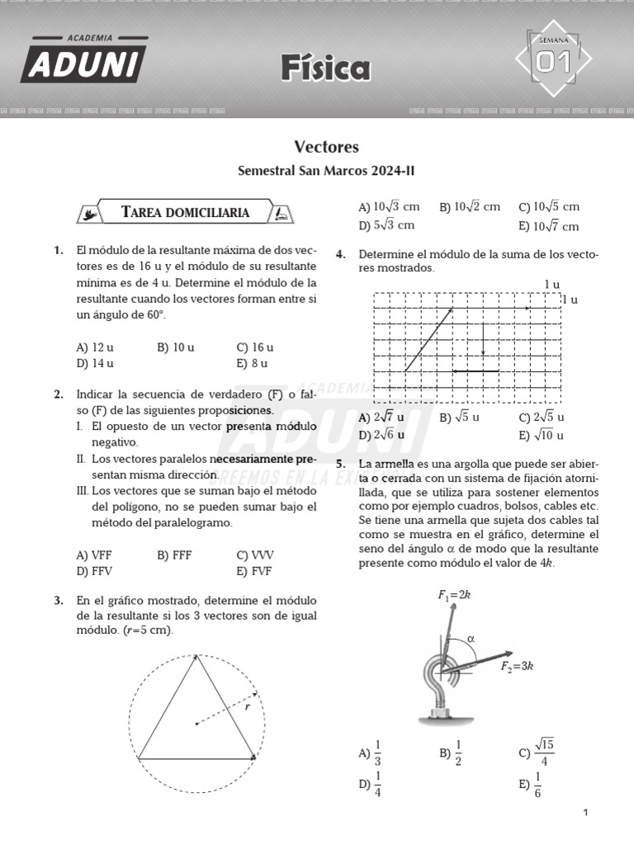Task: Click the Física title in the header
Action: tap(325, 68)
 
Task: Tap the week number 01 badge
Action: tap(554, 60)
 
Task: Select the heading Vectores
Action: tap(327, 147)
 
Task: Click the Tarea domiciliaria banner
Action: tap(186, 212)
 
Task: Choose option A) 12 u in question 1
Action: tap(95, 347)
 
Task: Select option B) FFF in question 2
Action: tap(174, 555)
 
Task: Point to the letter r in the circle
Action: tap(247, 706)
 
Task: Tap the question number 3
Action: tap(59, 601)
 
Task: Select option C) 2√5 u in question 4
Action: tap(542, 418)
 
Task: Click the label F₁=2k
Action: tap(454, 594)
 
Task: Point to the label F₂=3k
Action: tap(518, 667)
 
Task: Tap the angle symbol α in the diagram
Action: tap(471, 638)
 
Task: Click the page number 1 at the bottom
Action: tap(585, 814)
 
